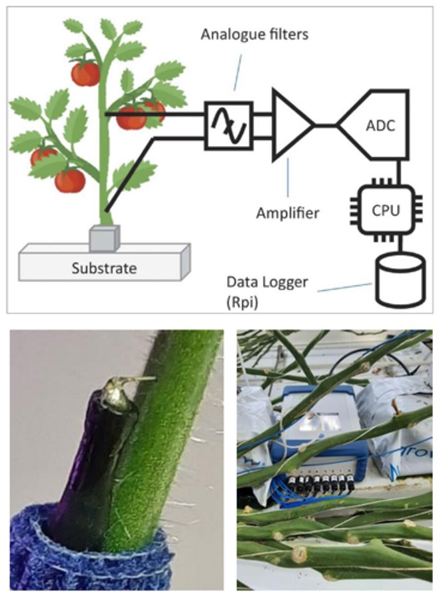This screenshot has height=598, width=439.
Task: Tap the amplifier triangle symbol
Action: point(290,124)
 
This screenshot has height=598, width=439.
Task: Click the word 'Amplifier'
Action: point(288,214)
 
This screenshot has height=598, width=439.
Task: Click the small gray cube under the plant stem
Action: point(104,237)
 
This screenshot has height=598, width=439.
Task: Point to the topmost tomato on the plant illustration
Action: point(85,73)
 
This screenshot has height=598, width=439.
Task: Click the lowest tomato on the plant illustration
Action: point(70,180)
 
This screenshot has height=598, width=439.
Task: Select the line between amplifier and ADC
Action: point(326,125)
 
